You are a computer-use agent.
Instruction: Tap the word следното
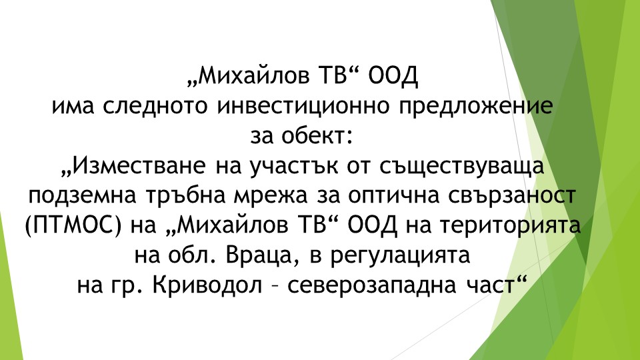[x=155, y=106]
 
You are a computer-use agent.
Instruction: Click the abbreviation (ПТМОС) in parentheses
[x=73, y=226]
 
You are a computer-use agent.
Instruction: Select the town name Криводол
[x=207, y=285]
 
